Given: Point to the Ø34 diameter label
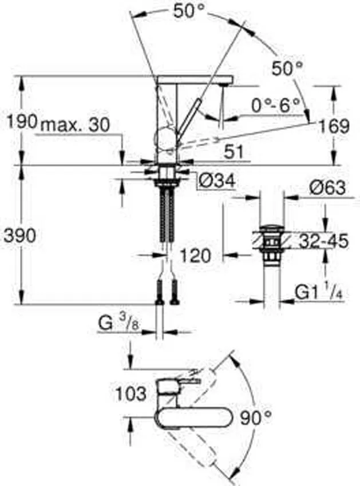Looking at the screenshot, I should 216,181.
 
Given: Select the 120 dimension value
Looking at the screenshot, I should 195,255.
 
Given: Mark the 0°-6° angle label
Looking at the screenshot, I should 276,105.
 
